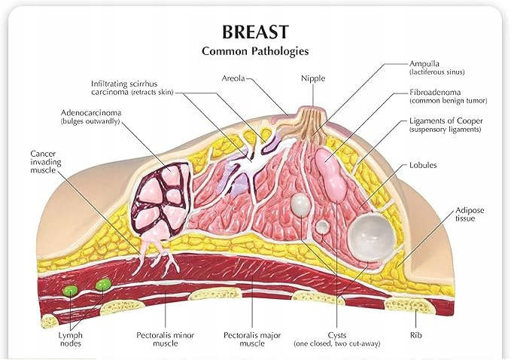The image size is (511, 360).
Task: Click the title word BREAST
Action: click(255, 32)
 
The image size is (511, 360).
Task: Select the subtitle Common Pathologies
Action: click(255, 51)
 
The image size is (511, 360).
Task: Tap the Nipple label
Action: click(313, 78)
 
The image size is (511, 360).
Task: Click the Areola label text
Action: click(233, 78)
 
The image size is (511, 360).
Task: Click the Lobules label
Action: click(423, 165)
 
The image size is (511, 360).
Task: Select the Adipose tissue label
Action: click(470, 214)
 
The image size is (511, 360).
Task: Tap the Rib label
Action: click(415, 335)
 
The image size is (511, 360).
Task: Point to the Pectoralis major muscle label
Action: click(252, 339)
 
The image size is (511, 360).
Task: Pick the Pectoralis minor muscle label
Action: click(166, 339)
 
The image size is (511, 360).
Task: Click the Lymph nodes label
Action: click(71, 339)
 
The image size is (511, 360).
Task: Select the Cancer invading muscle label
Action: click(46, 162)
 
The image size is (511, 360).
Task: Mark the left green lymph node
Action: click(71, 290)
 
